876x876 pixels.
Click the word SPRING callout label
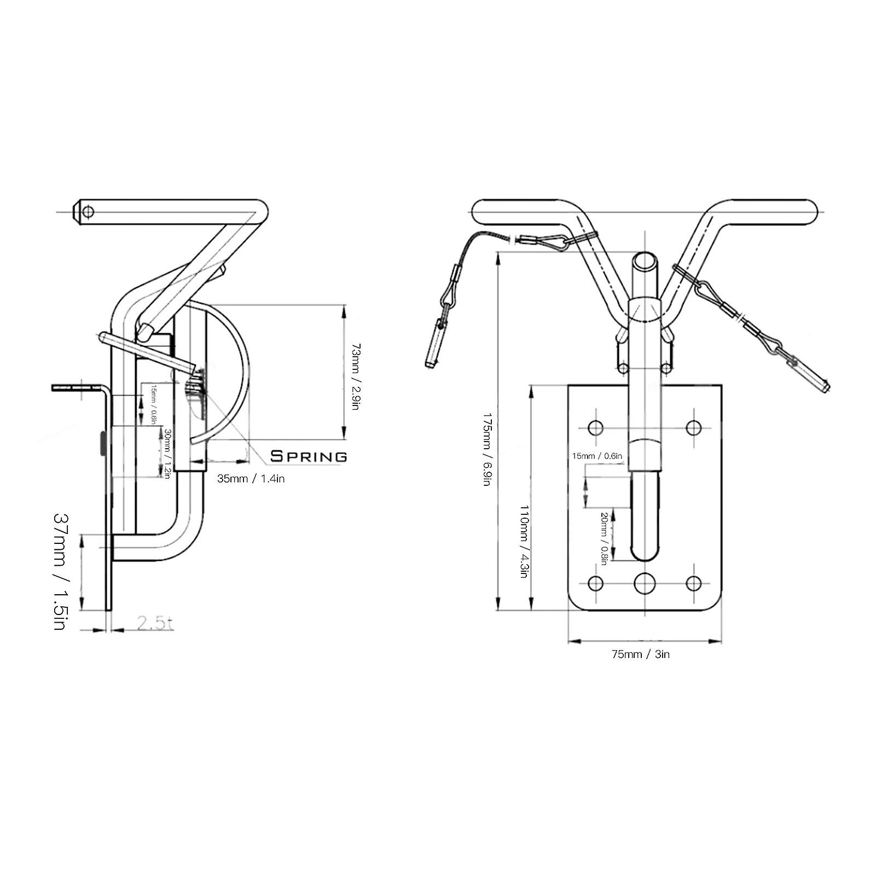[x=309, y=456]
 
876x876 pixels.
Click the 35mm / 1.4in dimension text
[x=251, y=479]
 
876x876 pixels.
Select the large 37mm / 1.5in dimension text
[x=60, y=571]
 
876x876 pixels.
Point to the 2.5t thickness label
[x=155, y=623]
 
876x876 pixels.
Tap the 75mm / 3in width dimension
[x=641, y=654]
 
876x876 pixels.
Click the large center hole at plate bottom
[x=645, y=583]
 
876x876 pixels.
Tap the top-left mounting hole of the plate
[x=595, y=427]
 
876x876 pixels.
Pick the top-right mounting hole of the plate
[x=694, y=427]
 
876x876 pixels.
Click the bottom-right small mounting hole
[x=694, y=583]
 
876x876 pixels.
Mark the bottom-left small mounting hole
[x=595, y=583]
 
